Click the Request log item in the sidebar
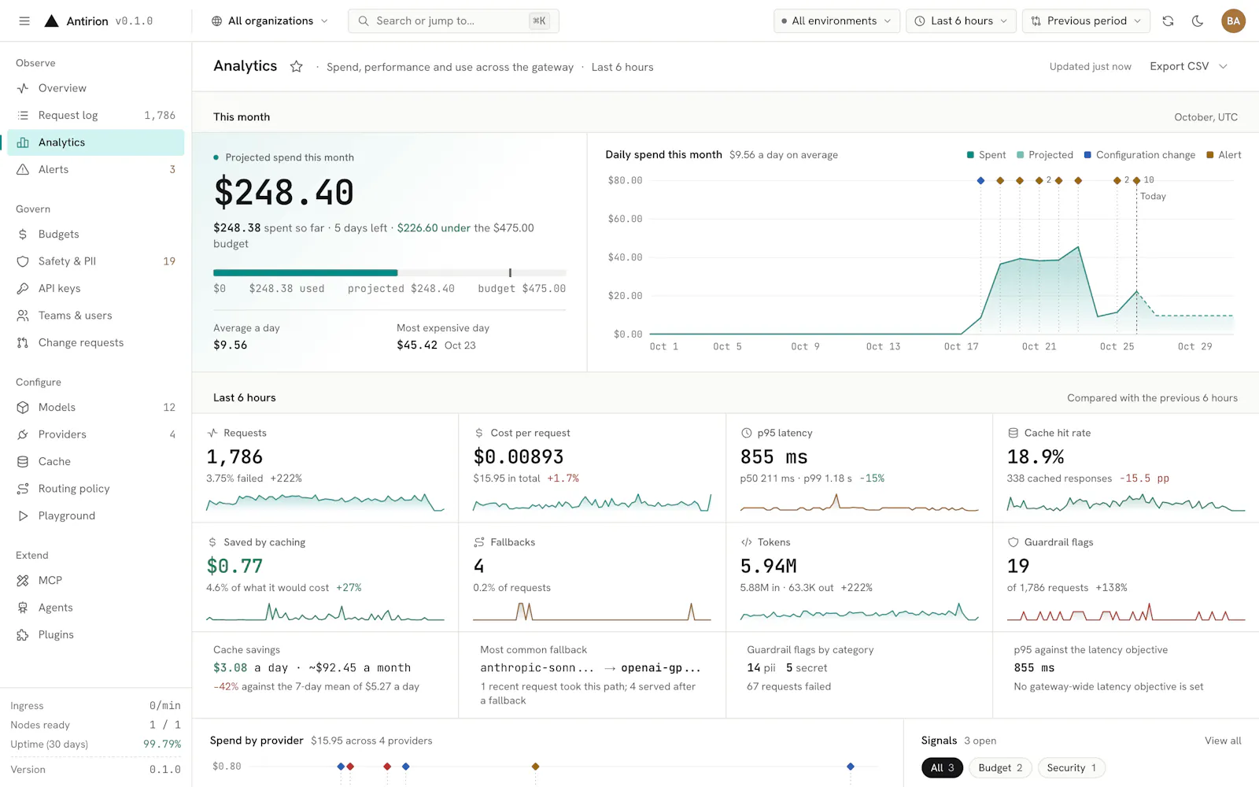pos(95,115)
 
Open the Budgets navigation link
pos(95,234)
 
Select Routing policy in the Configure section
pos(95,489)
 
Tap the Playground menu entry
pos(95,515)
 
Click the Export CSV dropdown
pos(1188,66)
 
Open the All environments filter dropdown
pos(836,20)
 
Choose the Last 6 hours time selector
pos(961,20)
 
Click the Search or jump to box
pos(453,20)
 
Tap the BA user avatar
pos(1233,20)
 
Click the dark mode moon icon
pos(1197,20)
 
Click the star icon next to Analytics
pos(296,67)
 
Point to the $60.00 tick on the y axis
pos(625,219)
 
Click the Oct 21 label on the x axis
pos(1039,346)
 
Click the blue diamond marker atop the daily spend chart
pos(980,180)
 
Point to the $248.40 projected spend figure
pos(284,192)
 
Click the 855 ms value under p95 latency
pos(773,456)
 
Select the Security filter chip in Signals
pos(1071,768)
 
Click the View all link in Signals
pos(1223,741)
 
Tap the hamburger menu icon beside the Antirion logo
pos(24,20)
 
